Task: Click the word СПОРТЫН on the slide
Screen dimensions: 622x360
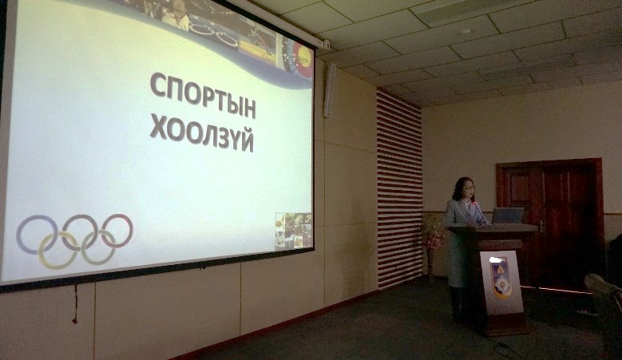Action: (203, 95)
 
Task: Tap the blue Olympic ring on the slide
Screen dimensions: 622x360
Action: (37, 235)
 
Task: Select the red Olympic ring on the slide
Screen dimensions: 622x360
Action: (117, 231)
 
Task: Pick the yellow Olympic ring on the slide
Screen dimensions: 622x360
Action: (58, 251)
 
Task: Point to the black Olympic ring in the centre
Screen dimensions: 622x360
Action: (79, 233)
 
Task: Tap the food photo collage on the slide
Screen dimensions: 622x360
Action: (294, 231)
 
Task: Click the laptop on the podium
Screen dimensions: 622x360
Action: (508, 216)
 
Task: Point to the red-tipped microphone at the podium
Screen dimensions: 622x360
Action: (478, 212)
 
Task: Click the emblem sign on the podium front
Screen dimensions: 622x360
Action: (501, 283)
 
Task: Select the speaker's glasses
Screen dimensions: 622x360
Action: (468, 188)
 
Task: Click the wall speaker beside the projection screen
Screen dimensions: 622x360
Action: (329, 90)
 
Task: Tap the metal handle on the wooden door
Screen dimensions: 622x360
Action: (541, 227)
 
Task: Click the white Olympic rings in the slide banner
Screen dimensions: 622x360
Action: (213, 34)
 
